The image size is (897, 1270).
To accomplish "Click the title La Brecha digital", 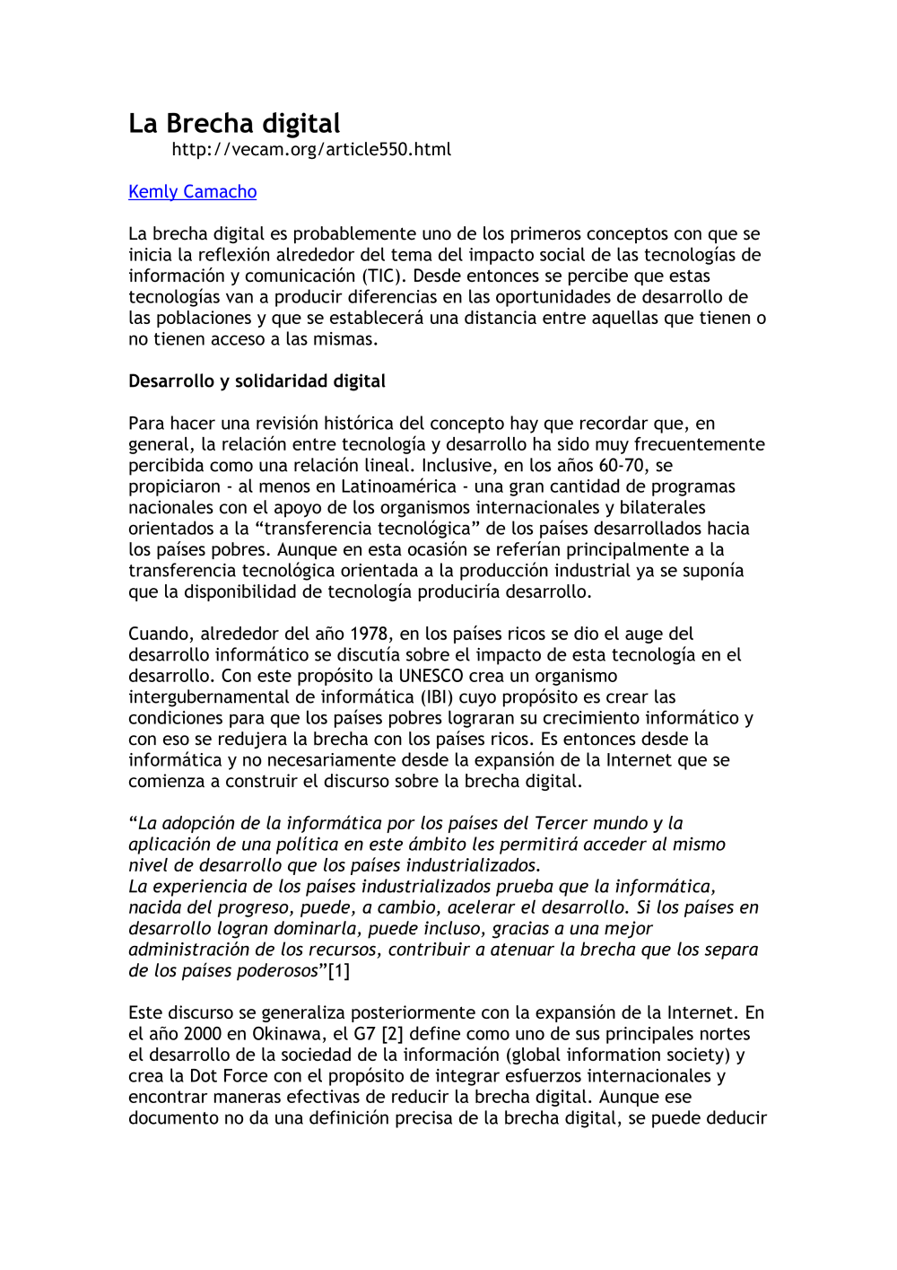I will tap(234, 123).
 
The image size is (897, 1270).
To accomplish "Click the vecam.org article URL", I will tap(311, 150).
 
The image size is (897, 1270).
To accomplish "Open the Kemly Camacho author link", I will tap(192, 191).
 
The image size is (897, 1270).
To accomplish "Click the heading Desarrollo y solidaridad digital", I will tap(257, 381).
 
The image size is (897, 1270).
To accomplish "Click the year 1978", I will tap(369, 634).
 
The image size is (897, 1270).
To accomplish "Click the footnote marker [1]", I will tap(339, 970).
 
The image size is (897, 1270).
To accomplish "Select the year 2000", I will tap(203, 1034).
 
